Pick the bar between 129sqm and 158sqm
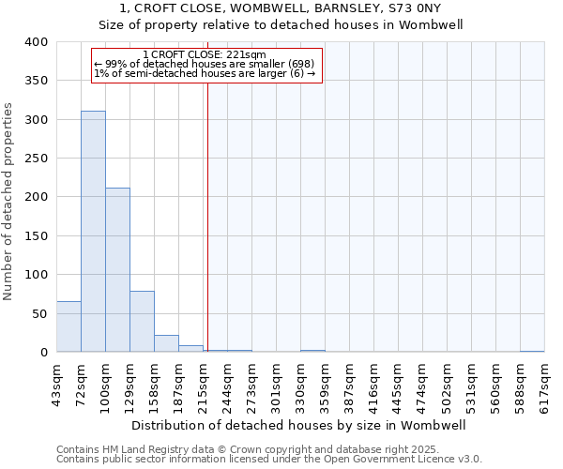(x=142, y=322)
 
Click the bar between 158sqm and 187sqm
(x=166, y=343)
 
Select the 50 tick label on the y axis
(x=39, y=313)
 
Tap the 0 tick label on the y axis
(x=43, y=353)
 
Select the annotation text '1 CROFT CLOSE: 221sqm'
(x=205, y=54)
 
